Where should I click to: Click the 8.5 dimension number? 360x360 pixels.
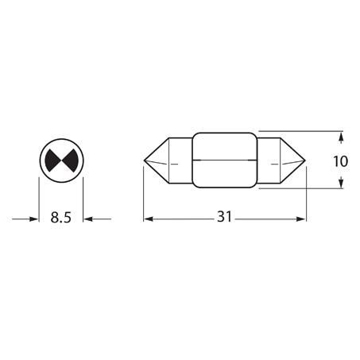[61, 218]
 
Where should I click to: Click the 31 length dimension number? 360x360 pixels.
[224, 216]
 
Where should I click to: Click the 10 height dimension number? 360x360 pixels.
[340, 161]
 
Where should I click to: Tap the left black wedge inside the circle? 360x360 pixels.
[53, 161]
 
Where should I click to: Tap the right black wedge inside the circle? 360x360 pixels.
[70, 161]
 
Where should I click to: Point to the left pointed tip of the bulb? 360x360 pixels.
[144, 161]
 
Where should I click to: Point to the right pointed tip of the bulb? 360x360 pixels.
[305, 161]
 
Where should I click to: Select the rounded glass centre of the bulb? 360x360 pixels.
[225, 161]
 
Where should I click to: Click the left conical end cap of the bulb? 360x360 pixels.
[157, 161]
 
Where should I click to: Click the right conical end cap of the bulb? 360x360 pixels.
[292, 161]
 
